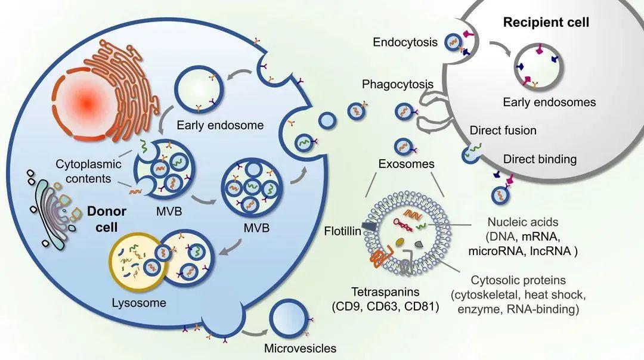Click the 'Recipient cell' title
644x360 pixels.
[x=546, y=22]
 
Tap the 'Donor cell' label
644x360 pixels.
[x=106, y=219]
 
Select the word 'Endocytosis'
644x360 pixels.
[x=405, y=42]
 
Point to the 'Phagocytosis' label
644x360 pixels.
[x=398, y=84]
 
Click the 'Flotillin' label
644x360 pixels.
[x=342, y=231]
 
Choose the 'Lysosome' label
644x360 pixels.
[x=139, y=303]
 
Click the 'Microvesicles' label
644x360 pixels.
[x=300, y=349]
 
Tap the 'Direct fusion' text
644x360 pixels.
[x=503, y=131]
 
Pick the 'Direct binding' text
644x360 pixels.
[x=540, y=159]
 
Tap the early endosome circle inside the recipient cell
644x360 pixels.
[x=539, y=67]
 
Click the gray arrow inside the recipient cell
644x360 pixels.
[x=500, y=48]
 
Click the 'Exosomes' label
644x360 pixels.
[x=406, y=164]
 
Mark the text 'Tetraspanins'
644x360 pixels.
[x=385, y=292]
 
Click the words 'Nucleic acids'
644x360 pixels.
[x=523, y=222]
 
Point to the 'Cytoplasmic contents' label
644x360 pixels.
[x=88, y=171]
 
